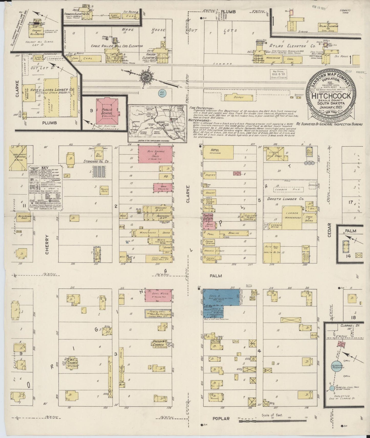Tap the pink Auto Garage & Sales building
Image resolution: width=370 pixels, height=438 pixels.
pos(155,154)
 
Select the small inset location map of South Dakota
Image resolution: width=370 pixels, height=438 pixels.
pos(156,123)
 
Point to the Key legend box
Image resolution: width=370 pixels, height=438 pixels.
pos(46,188)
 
